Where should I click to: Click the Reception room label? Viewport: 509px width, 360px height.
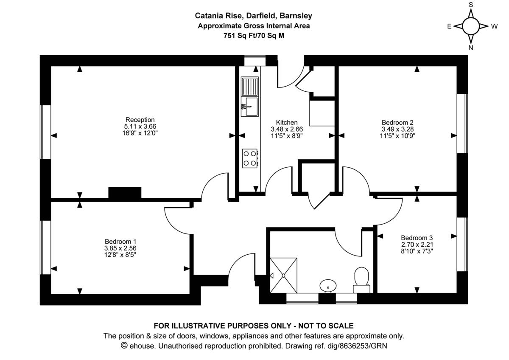point(140,120)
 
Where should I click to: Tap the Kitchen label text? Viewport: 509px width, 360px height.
point(287,122)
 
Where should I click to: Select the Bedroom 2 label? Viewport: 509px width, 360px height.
point(397,122)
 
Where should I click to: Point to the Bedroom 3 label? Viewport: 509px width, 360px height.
point(417,238)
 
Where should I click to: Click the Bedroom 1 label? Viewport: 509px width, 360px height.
point(120,241)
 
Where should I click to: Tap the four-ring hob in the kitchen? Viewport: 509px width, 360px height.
point(250,158)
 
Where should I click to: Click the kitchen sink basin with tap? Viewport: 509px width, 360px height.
point(250,107)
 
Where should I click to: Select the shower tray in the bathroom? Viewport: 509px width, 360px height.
point(283,275)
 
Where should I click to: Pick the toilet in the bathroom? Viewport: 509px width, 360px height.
point(361,280)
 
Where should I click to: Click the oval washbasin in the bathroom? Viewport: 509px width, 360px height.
point(328,286)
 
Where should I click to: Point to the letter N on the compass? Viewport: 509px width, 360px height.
point(470,48)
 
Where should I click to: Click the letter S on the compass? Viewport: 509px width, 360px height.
point(471,5)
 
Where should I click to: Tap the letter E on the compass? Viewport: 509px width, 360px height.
point(449,26)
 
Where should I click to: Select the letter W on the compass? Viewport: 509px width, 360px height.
point(495,26)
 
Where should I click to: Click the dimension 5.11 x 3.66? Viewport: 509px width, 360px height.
point(140,127)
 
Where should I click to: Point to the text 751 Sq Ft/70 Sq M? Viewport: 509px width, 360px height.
point(254,36)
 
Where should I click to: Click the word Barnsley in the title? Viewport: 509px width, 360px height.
point(296,16)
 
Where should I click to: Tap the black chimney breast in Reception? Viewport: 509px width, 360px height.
point(125,193)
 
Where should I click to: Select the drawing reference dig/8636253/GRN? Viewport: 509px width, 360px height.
point(357,346)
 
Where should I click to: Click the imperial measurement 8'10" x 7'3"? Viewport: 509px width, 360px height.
point(417,251)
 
